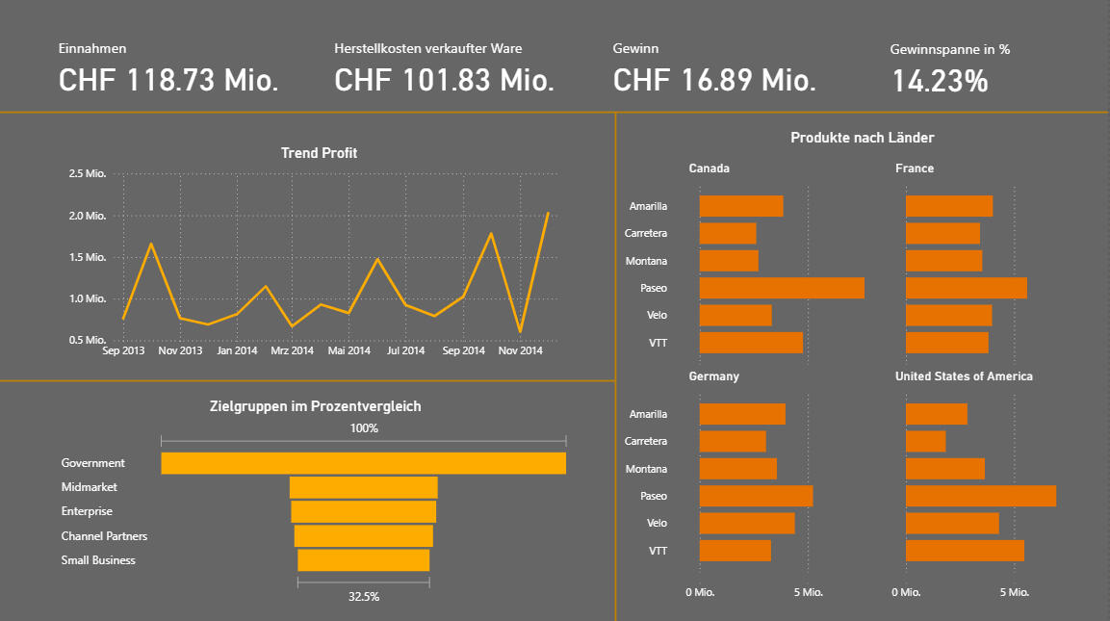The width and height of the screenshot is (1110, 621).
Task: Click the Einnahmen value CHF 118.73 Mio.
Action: pos(168,80)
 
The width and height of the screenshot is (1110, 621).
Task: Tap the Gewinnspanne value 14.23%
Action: pos(940,81)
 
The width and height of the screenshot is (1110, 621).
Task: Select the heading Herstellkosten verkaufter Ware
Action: pos(428,48)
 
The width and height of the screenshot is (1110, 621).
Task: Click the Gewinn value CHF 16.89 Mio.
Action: pos(714,80)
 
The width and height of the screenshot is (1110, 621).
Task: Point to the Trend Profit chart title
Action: pos(320,153)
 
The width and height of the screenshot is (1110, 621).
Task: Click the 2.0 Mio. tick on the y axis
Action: pos(88,216)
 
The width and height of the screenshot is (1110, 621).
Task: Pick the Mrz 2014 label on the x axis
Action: pos(293,350)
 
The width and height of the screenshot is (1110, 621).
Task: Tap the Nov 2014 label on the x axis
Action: pos(520,350)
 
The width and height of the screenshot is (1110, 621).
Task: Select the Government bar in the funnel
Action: pos(364,463)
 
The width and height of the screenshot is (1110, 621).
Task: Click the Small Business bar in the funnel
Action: pos(364,560)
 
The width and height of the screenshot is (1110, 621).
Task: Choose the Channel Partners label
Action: pos(104,536)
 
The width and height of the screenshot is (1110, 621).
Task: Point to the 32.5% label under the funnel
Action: pos(364,597)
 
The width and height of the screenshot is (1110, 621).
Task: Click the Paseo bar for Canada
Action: pos(783,288)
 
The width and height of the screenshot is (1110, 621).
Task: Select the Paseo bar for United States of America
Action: pos(981,496)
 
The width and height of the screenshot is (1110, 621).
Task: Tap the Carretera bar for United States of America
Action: pos(926,441)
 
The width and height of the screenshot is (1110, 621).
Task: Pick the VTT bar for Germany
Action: pos(736,551)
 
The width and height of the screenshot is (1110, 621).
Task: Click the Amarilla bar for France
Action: pos(949,206)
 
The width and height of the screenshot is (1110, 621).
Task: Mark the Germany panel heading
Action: pos(713,376)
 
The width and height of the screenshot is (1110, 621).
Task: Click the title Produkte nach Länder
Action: pos(863,138)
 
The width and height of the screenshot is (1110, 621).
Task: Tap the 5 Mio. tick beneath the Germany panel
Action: pos(808,592)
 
